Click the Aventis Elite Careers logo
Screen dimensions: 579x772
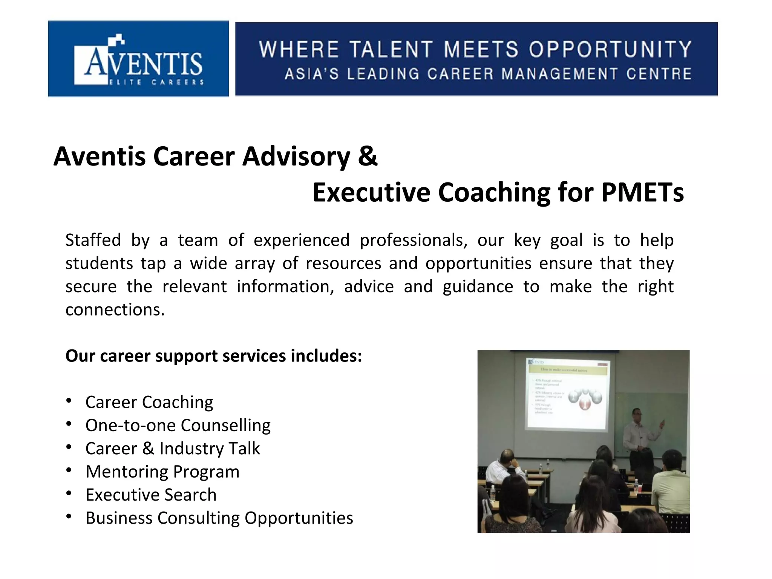point(138,59)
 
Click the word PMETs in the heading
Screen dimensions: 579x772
point(642,192)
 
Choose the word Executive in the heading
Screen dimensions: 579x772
point(371,192)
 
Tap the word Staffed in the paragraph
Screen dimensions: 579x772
point(93,240)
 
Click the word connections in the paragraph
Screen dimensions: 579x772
point(115,310)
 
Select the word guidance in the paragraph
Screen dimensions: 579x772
point(478,286)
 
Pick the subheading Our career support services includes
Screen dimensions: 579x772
point(214,356)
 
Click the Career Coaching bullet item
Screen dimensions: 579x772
point(149,402)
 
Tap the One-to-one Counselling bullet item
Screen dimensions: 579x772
point(178,425)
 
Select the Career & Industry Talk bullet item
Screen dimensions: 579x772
point(173,449)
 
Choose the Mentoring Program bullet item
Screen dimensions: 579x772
point(162,472)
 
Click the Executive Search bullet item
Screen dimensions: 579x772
point(151,495)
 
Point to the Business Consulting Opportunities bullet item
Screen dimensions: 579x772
point(219,518)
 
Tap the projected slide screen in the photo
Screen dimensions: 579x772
point(567,394)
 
